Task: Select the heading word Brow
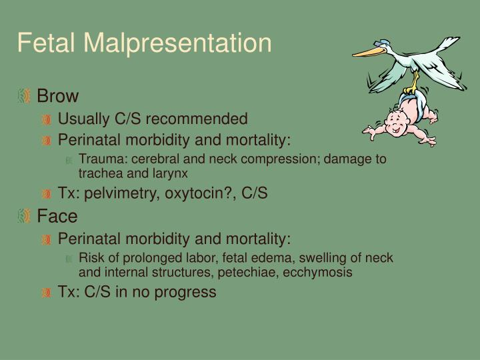pyautogui.click(x=58, y=96)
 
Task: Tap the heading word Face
pyautogui.click(x=57, y=216)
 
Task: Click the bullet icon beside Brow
pyautogui.click(x=25, y=97)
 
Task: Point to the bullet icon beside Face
pyautogui.click(x=25, y=217)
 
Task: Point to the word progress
pyautogui.click(x=187, y=292)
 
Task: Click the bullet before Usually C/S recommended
pyautogui.click(x=46, y=119)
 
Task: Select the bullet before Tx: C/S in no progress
pyautogui.click(x=46, y=293)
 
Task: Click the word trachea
pyautogui.click(x=97, y=173)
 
